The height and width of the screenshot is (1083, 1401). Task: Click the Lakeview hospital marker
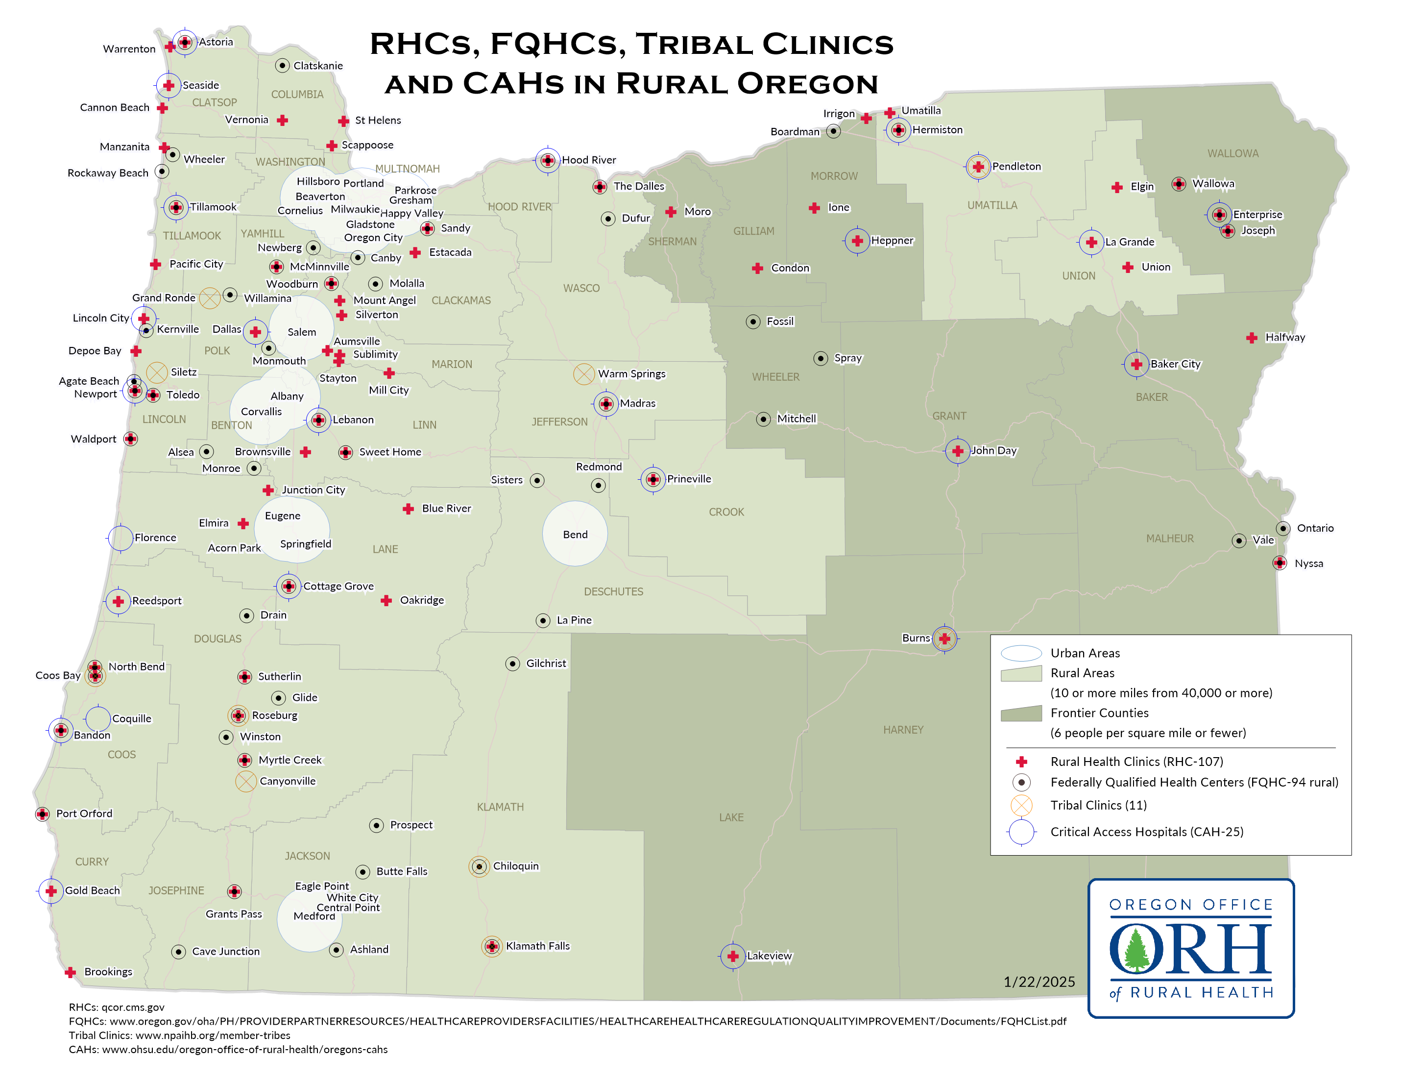click(x=732, y=957)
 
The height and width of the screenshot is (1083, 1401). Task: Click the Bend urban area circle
click(x=575, y=534)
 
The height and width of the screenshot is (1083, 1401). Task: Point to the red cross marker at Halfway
click(x=1252, y=338)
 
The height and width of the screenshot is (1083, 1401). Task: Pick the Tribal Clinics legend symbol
click(x=1021, y=805)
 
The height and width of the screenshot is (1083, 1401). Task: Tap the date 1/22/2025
click(x=1039, y=982)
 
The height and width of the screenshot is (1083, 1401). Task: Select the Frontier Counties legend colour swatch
click(x=1021, y=714)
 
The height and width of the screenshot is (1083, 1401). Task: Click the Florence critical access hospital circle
click(x=121, y=538)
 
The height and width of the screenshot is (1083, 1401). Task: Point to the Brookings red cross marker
click(x=71, y=973)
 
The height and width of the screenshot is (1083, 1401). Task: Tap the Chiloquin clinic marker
click(x=479, y=866)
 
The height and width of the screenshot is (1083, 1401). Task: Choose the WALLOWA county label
click(x=1232, y=153)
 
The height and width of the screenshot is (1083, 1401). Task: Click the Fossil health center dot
click(x=753, y=321)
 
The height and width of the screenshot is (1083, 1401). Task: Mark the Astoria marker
click(x=185, y=42)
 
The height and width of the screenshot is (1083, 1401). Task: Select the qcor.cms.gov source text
click(x=133, y=1008)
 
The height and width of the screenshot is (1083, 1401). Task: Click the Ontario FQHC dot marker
click(x=1283, y=528)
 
